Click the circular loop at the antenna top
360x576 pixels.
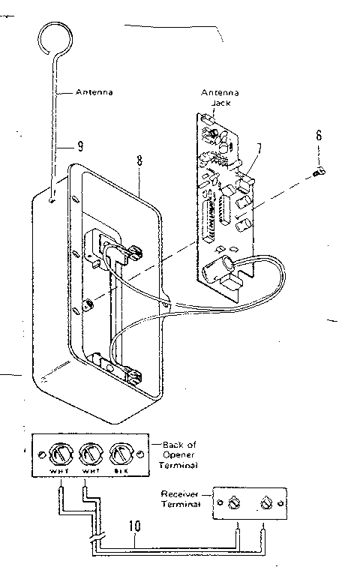(x=57, y=37)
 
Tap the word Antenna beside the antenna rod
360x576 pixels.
(x=94, y=92)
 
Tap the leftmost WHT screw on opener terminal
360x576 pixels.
(x=60, y=455)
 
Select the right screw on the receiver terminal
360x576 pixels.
(x=266, y=500)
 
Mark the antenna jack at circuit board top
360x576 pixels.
(x=205, y=118)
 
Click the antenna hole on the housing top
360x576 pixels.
(x=50, y=199)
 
